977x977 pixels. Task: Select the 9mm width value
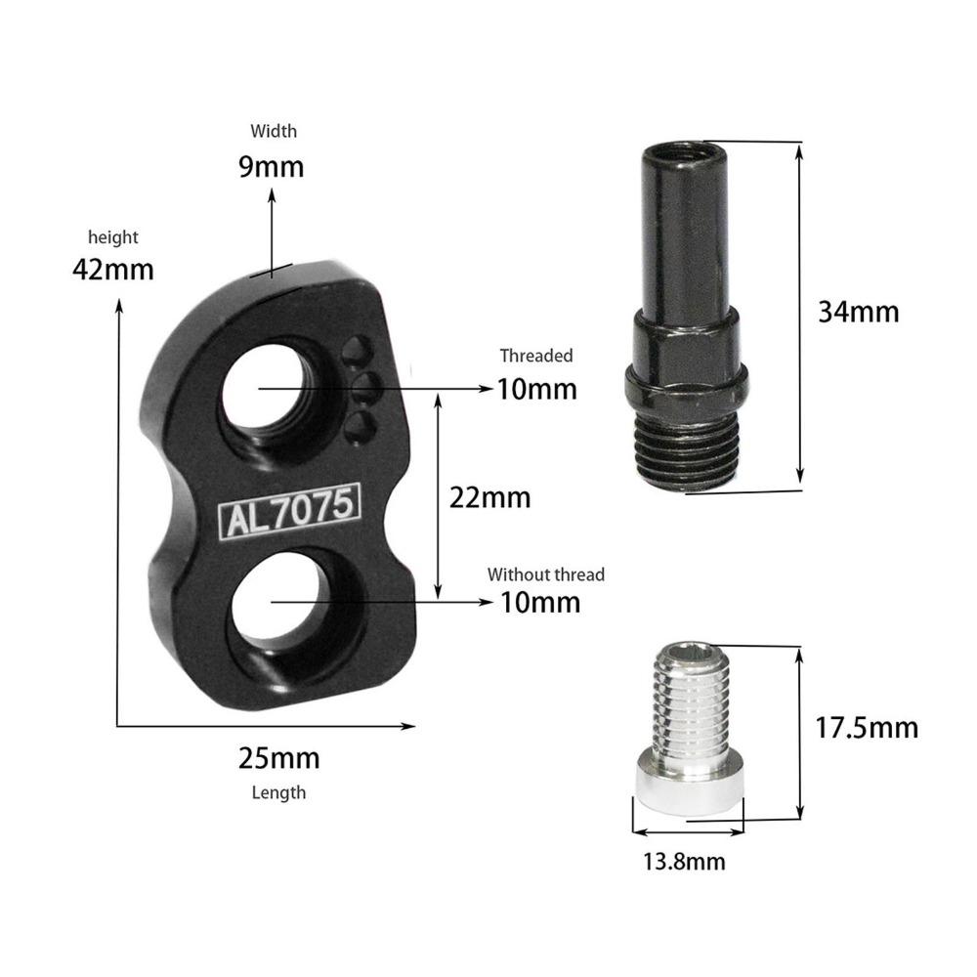click(x=272, y=166)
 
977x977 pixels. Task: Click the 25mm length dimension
click(x=279, y=758)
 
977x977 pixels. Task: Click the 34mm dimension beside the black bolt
click(x=859, y=312)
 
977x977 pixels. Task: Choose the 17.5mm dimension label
click(x=867, y=728)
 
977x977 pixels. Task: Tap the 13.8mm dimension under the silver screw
click(x=684, y=862)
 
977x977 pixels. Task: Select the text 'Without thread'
click(x=546, y=574)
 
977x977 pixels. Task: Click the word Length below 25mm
click(x=278, y=792)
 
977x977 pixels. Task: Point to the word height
click(x=113, y=237)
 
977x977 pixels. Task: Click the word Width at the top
click(x=274, y=131)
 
